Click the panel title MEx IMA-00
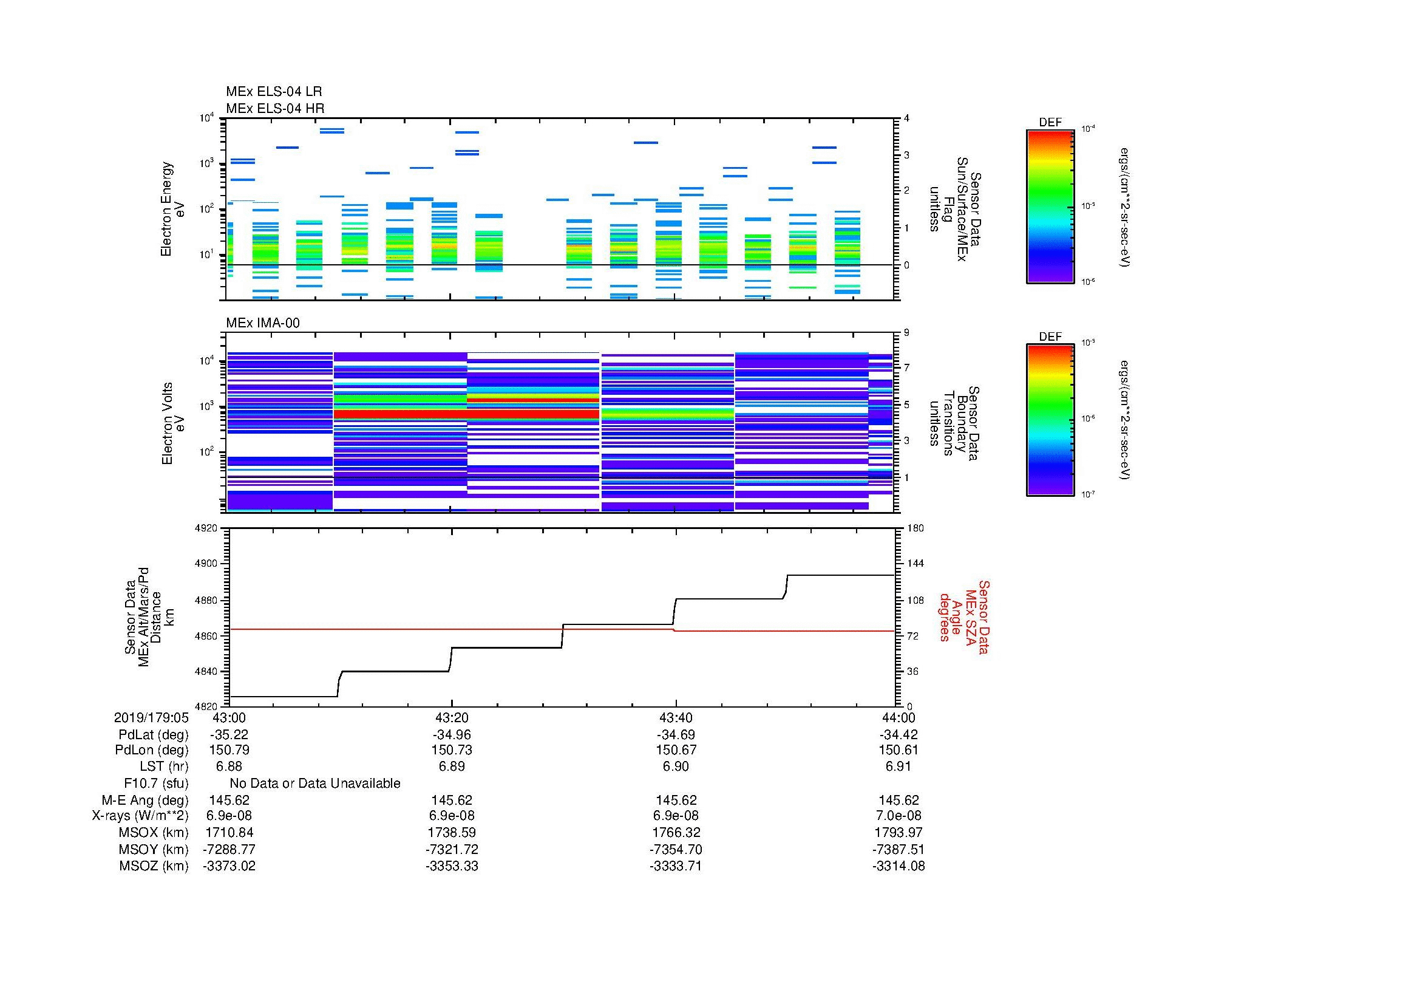click(x=262, y=323)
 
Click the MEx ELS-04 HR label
click(x=275, y=108)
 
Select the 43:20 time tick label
click(x=452, y=717)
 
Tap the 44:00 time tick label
click(x=899, y=717)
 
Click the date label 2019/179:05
click(x=151, y=717)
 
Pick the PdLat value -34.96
click(x=452, y=735)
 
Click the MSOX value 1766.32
click(x=675, y=833)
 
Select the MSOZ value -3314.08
click(x=899, y=866)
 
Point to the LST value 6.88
click(x=229, y=767)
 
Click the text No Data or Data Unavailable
click(x=315, y=784)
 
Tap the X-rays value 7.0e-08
click(x=899, y=816)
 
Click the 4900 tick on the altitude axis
click(x=207, y=564)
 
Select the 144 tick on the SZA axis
click(x=915, y=564)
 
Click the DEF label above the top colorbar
click(x=1050, y=123)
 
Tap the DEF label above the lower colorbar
click(x=1050, y=336)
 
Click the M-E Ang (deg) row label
click(x=144, y=800)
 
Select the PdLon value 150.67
click(x=675, y=750)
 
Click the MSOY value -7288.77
click(x=229, y=849)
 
